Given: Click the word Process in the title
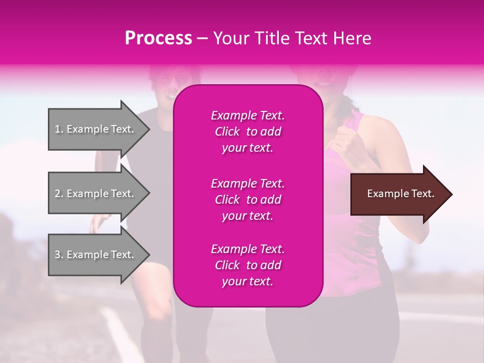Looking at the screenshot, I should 158,38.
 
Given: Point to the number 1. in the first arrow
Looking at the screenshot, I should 59,129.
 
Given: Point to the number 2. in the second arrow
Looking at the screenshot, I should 59,194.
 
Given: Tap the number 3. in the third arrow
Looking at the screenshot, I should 59,255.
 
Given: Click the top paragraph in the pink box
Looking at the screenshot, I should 248,132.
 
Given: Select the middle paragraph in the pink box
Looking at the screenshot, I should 248,200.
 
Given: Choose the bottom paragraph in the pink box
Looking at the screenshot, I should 248,265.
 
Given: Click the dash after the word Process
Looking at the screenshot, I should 202,39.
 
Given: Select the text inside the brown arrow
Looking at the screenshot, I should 401,194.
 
